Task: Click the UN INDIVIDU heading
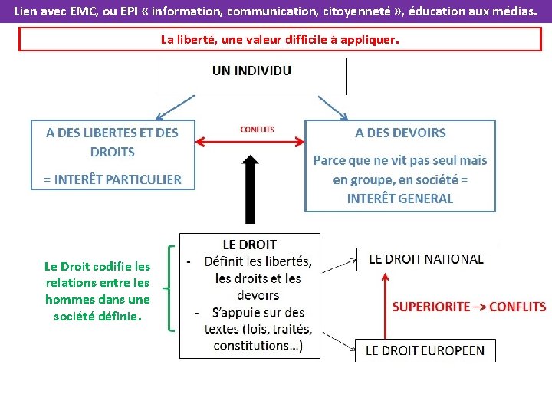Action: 251,71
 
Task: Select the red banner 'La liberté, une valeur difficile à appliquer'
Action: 280,39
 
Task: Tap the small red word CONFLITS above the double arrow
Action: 257,130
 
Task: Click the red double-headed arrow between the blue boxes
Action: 249,141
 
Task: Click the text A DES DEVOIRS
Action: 400,133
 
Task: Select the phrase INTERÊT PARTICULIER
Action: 113,179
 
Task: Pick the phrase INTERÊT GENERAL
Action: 400,198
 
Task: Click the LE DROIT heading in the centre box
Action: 249,245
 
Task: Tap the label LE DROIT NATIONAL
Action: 426,259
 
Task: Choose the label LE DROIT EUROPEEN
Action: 425,350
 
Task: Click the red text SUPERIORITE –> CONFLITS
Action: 469,306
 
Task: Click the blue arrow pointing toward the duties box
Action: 331,107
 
